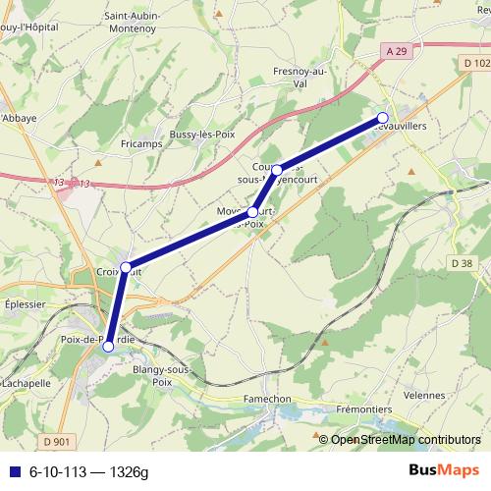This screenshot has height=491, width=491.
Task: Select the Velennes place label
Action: (x=423, y=395)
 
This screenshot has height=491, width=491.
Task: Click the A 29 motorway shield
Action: (x=396, y=50)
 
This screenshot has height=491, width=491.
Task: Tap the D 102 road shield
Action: (x=473, y=62)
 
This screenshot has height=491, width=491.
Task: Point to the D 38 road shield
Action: (x=463, y=263)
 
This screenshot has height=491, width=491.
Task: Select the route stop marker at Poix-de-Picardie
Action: (x=108, y=346)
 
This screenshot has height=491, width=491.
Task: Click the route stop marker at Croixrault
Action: (x=126, y=267)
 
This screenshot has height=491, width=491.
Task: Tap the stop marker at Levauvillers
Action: (x=382, y=119)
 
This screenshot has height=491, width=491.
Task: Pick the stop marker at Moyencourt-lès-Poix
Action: (x=253, y=212)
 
